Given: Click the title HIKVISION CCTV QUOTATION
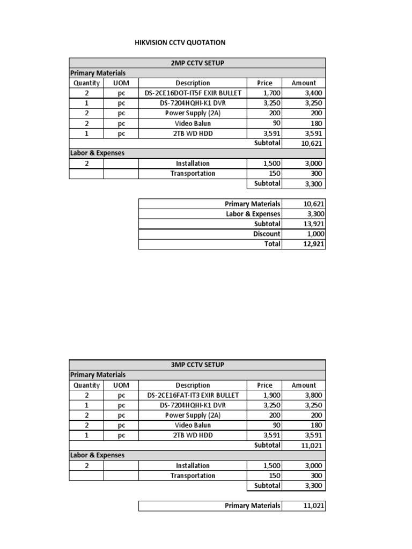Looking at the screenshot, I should point(179,42).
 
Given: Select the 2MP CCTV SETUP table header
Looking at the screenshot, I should point(197,63).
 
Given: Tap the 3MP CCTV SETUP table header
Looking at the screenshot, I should point(197,365).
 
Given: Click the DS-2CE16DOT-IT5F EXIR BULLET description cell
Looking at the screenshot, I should point(193,93).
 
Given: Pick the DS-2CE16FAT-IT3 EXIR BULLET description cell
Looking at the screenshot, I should point(193,395).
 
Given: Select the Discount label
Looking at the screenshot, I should point(267,234).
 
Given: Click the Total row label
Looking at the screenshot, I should point(272,244).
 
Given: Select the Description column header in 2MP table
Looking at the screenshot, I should point(193,83).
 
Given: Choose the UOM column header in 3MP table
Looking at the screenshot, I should point(121,385).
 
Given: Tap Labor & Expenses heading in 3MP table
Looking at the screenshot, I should point(97,455).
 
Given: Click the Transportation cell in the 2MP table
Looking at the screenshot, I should point(193,174).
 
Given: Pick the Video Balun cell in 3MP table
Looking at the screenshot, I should point(193,425).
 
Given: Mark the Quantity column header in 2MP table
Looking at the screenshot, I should point(86,83).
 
